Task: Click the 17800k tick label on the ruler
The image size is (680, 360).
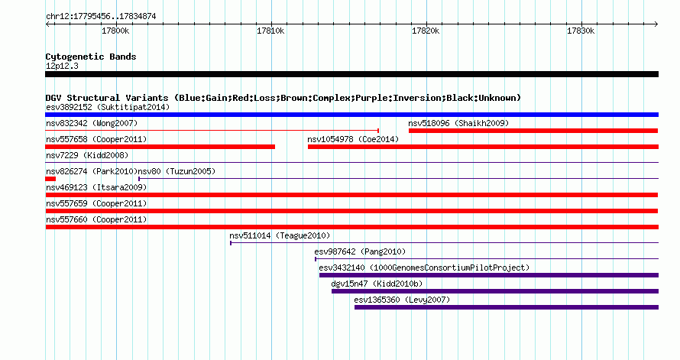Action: pyautogui.click(x=115, y=31)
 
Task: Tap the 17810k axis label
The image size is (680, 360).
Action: pyautogui.click(x=270, y=31)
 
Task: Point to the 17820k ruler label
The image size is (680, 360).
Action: pyautogui.click(x=426, y=31)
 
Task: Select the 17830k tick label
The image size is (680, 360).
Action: pyautogui.click(x=581, y=31)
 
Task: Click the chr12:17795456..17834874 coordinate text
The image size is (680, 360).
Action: pyautogui.click(x=101, y=17)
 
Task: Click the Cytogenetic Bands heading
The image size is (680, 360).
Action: pyautogui.click(x=91, y=57)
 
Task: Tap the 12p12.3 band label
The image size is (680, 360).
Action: pyautogui.click(x=62, y=66)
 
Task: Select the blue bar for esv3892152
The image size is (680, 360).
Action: pyautogui.click(x=351, y=115)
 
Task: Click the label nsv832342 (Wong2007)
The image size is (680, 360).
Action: pyautogui.click(x=92, y=123)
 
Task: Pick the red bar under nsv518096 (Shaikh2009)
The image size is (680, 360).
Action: pyautogui.click(x=533, y=131)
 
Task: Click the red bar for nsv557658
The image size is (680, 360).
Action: pyautogui.click(x=160, y=147)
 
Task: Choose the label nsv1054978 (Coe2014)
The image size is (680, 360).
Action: pyautogui.click(x=353, y=139)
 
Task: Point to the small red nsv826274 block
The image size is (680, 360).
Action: pyautogui.click(x=50, y=179)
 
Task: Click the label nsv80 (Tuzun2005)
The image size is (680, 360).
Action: pyautogui.click(x=176, y=171)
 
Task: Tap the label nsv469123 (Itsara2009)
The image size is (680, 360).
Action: pyautogui.click(x=96, y=187)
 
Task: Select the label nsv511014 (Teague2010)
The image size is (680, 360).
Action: pyautogui.click(x=280, y=235)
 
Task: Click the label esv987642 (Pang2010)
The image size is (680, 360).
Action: pyautogui.click(x=360, y=251)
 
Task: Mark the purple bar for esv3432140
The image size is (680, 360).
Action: pyautogui.click(x=489, y=275)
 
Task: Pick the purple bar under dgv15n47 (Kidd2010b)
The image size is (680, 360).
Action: pyautogui.click(x=495, y=291)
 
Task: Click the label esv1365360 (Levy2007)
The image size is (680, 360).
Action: pyautogui.click(x=402, y=300)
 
